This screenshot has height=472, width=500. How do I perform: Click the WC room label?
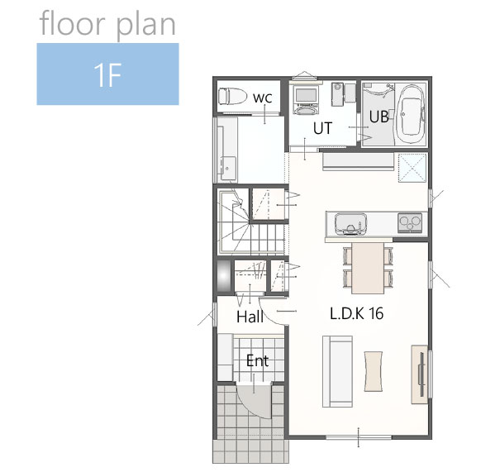tap(263, 98)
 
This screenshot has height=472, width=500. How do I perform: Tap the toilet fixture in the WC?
tap(233, 96)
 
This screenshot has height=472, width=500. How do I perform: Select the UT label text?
tap(322, 128)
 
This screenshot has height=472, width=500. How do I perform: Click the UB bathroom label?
tap(379, 117)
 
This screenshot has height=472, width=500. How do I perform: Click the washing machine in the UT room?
tap(307, 95)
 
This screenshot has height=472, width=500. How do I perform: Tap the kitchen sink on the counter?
tap(350, 225)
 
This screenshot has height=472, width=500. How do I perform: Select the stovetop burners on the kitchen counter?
tap(410, 222)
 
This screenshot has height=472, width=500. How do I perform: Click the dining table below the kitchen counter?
tap(368, 268)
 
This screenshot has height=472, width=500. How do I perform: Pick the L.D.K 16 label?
tap(356, 313)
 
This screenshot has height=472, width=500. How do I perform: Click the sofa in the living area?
tap(338, 371)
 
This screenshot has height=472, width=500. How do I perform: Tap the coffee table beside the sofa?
tap(374, 371)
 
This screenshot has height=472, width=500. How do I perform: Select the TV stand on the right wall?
tap(419, 374)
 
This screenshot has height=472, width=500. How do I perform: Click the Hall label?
tap(250, 317)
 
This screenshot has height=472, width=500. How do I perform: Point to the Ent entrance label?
tap(257, 360)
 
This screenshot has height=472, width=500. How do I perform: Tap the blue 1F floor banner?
tap(107, 74)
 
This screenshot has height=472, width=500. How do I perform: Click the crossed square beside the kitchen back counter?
tap(412, 168)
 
